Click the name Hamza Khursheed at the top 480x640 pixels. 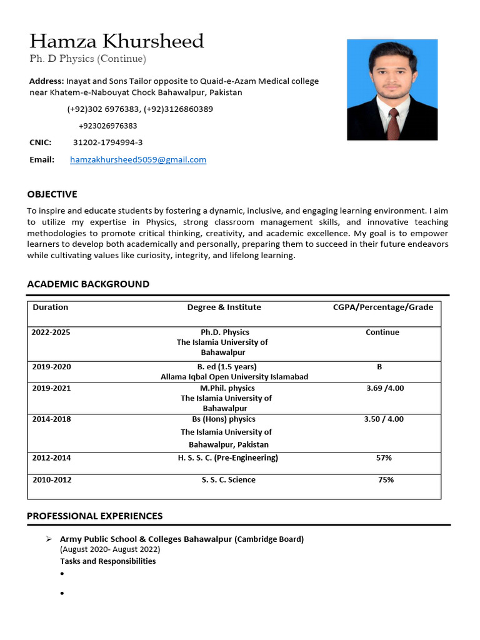coord(116,41)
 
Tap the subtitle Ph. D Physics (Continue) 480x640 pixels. coord(87,59)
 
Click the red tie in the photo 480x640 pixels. coord(392,123)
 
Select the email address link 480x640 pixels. coord(138,159)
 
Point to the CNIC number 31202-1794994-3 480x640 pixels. coord(107,142)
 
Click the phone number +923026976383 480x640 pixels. coord(107,126)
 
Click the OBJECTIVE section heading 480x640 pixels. coord(52,194)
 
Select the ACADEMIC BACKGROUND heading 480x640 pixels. coord(88,284)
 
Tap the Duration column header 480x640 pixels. coord(50,307)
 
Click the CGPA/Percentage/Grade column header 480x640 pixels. coord(382,307)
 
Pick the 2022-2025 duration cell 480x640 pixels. coord(51,332)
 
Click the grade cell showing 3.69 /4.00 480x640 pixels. coord(384,388)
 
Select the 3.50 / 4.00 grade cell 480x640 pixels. coord(384,419)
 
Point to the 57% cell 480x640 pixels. coord(384,457)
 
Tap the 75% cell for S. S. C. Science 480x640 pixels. coord(386,480)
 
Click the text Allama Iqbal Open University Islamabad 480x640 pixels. coord(234,376)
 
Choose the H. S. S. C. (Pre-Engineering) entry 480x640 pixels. coord(227,457)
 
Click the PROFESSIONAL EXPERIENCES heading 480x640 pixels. coord(94,516)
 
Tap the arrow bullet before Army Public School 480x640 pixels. coord(49,539)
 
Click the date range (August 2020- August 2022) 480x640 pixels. coord(110,549)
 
